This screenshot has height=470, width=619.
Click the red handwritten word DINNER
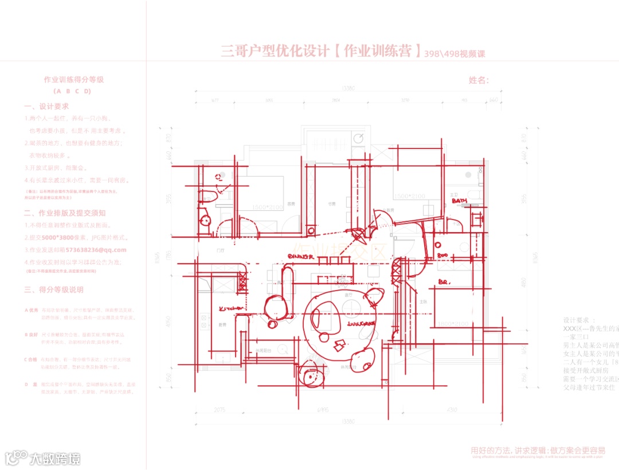(300, 256)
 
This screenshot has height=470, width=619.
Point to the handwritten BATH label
(459, 201)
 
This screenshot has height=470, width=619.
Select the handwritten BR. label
(444, 282)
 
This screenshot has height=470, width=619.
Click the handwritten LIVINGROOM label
(361, 324)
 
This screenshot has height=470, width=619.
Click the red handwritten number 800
(442, 255)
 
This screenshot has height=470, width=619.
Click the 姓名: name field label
(479, 80)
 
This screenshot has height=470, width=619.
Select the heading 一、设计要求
(46, 107)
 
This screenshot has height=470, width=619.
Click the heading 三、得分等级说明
(54, 289)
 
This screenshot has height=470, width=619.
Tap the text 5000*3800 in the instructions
(54, 237)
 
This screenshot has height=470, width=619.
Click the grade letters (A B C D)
(72, 91)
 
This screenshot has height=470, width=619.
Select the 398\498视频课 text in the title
(455, 54)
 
